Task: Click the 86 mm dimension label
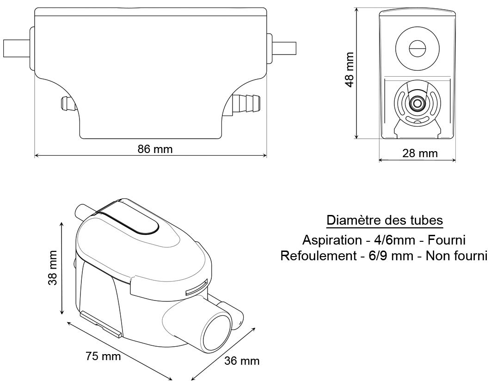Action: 155,149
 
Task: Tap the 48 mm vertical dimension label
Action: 350,70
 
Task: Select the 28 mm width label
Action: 420,153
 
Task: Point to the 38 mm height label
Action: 52,268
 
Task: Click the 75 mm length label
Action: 103,356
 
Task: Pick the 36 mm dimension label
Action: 242,361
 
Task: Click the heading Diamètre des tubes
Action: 385,220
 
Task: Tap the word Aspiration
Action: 332,240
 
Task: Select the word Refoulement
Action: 319,256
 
